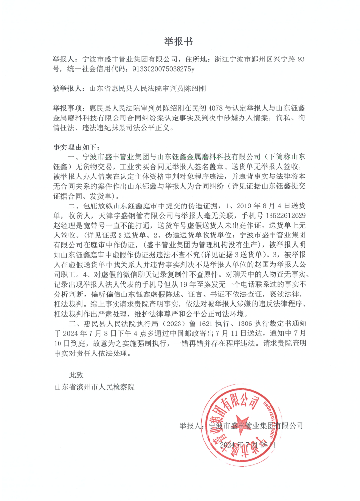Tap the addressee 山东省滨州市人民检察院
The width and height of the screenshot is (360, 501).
pyautogui.click(x=94, y=388)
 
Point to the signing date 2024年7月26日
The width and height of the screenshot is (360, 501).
pyautogui.click(x=248, y=445)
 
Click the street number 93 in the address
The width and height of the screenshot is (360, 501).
pyautogui.click(x=298, y=59)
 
